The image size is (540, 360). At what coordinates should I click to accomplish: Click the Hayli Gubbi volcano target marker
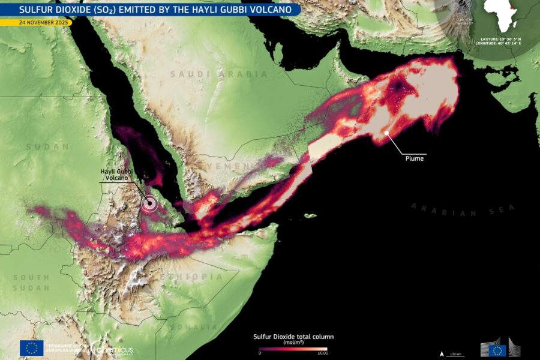149,205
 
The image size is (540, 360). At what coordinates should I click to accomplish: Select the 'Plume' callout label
413,159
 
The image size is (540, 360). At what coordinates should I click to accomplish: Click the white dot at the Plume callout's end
387,133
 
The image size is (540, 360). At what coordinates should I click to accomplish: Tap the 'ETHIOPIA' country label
191,277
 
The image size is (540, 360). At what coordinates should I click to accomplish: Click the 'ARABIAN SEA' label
463,209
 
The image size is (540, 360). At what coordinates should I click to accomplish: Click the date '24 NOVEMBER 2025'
36,23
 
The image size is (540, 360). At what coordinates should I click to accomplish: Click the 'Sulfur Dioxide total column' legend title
292,337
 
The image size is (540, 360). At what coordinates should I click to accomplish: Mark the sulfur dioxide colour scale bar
293,349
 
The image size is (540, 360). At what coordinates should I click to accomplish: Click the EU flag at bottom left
32,348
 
